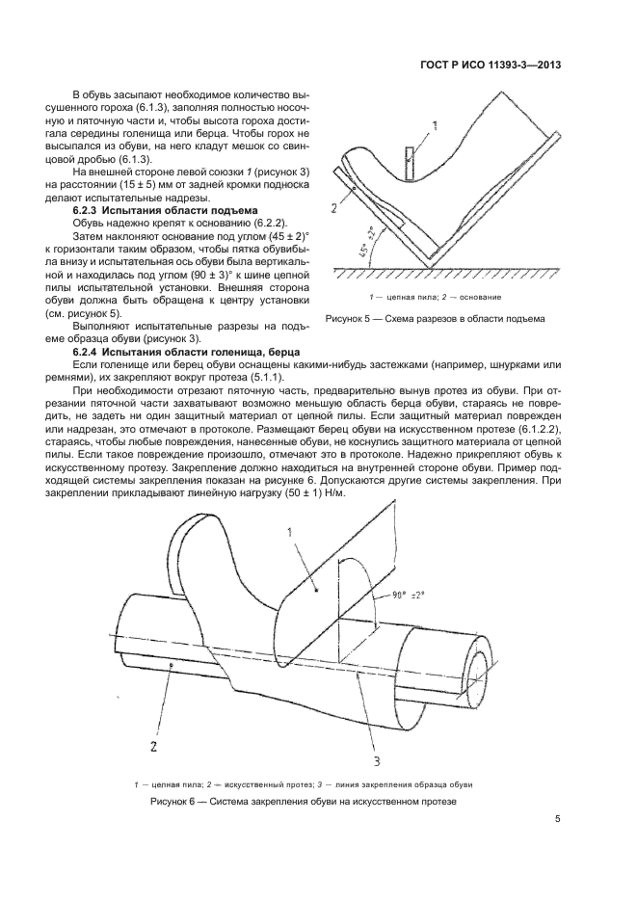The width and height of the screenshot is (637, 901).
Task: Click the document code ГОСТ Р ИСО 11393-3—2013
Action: (491, 66)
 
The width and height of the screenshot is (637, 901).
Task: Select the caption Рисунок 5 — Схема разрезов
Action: (435, 318)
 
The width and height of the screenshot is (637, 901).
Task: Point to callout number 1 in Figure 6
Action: (290, 531)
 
